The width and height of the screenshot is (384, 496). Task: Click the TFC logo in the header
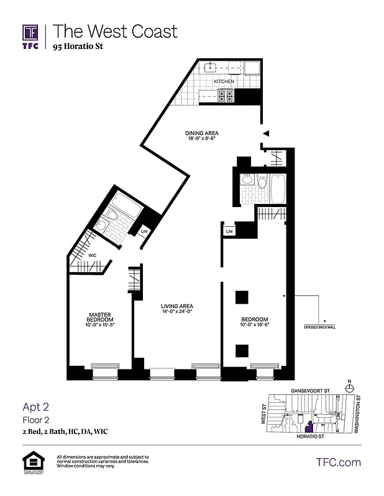coord(31,36)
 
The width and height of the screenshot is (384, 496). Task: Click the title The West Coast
coord(115,31)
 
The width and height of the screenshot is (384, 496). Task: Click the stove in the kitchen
coord(225,95)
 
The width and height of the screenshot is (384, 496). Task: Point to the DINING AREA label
coord(202,133)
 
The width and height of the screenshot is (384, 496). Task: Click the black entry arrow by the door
coord(265,133)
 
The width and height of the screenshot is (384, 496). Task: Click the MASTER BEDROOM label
coord(99,316)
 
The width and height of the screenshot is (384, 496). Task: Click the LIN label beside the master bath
coord(144,232)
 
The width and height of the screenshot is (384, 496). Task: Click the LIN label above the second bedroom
coord(229,231)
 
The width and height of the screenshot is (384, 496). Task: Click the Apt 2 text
coord(35,407)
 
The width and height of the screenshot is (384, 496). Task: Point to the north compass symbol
coord(350,387)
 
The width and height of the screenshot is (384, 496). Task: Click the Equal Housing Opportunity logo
coord(31,463)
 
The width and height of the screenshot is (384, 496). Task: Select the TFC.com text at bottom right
coord(338,462)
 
